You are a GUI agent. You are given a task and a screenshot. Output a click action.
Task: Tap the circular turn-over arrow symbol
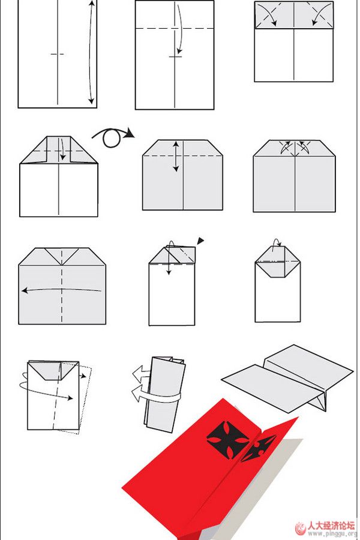(x=111, y=138)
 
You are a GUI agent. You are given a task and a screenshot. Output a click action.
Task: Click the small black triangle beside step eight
(x=200, y=241)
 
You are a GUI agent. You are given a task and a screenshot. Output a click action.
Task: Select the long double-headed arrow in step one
(x=91, y=52)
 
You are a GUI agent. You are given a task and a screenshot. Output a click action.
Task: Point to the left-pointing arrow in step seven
(x=61, y=290)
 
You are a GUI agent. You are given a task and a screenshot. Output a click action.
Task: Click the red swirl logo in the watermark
(x=300, y=528)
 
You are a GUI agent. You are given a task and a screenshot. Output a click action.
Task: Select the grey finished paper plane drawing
(x=287, y=378)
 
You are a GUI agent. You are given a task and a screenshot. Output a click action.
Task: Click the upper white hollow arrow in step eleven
(x=142, y=373)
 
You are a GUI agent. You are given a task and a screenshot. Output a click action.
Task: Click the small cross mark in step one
(x=57, y=54)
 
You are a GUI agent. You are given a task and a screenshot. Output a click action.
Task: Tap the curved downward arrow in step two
(x=179, y=29)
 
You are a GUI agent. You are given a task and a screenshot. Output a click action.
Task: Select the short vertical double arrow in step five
(x=176, y=157)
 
